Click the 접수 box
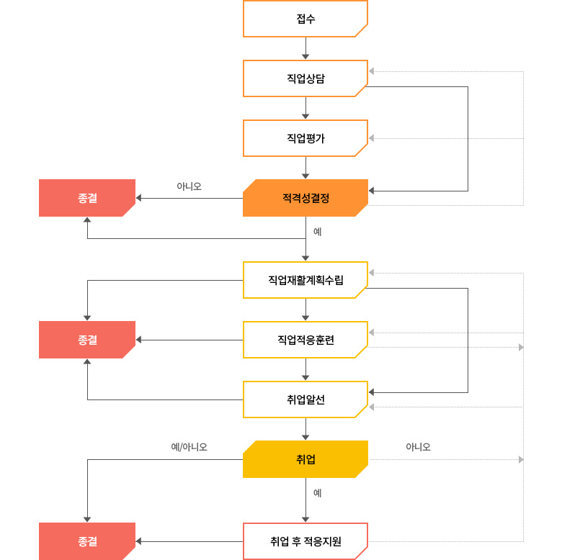pyautogui.click(x=305, y=19)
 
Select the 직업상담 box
pyautogui.click(x=305, y=78)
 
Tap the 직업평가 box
pyautogui.click(x=305, y=138)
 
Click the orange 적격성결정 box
pyautogui.click(x=305, y=198)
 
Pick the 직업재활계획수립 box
pyautogui.click(x=305, y=280)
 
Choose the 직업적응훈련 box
pyautogui.click(x=305, y=340)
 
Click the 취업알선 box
pyautogui.click(x=305, y=399)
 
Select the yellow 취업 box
pyautogui.click(x=305, y=459)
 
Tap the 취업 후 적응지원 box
pyautogui.click(x=305, y=541)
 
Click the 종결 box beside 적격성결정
pyautogui.click(x=87, y=198)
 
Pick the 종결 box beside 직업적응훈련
pyautogui.click(x=87, y=340)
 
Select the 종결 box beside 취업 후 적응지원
pyautogui.click(x=87, y=541)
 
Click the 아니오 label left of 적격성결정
pyautogui.click(x=189, y=186)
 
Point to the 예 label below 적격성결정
pyautogui.click(x=317, y=232)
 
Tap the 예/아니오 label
pyautogui.click(x=189, y=447)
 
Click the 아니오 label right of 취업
pyautogui.click(x=418, y=447)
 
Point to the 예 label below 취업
pyautogui.click(x=317, y=493)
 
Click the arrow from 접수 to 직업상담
pyautogui.click(x=305, y=48)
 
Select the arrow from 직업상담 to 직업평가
pyautogui.click(x=305, y=108)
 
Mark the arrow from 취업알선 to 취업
pyautogui.click(x=305, y=429)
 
